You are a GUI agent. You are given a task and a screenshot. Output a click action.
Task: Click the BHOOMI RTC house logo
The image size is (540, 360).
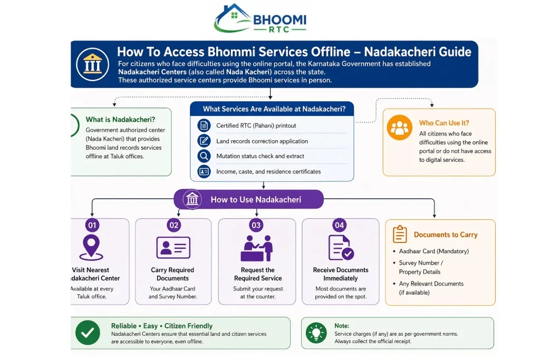pos(261,18)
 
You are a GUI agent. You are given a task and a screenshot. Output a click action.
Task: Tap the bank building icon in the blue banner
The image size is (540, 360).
pos(92,64)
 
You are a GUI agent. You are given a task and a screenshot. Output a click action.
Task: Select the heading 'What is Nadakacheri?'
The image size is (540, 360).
pos(120,120)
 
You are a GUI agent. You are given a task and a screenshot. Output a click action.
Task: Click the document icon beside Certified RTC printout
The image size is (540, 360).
pos(204,125)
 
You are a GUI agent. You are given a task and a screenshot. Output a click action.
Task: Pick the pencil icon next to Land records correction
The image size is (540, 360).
pos(204,141)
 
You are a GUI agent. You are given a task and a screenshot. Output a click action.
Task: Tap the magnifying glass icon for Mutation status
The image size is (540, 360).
pos(204,156)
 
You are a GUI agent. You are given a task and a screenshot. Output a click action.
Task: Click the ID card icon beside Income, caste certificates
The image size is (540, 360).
pos(204,171)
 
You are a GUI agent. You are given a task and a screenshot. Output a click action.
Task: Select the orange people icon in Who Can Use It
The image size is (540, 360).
pos(400,128)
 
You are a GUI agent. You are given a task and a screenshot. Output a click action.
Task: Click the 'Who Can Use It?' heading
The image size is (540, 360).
pos(444,123)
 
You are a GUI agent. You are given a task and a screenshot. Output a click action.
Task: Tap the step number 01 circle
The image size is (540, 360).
pos(92,226)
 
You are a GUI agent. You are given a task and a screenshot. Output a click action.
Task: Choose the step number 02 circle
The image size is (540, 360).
pos(173,226)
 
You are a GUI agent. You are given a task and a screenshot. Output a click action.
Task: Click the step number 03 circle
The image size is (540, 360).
pos(256,226)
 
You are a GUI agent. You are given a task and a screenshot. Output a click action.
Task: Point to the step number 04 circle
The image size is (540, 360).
pos(339,226)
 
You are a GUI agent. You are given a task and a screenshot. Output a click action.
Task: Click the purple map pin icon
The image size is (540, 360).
pos(91,247)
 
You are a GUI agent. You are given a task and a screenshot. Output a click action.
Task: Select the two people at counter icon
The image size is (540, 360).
pos(257,248)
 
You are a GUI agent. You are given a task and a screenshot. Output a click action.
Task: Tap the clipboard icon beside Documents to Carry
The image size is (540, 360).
pos(400,234)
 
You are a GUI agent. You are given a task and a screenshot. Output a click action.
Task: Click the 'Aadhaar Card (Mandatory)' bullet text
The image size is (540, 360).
pos(434,251)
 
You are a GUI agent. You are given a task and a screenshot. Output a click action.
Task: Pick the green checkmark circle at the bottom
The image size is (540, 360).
pos(88,333)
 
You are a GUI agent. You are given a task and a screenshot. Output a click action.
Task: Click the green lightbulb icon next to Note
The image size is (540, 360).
pos(316,333)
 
